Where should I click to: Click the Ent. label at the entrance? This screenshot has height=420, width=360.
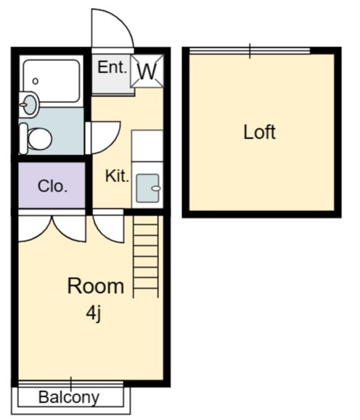click(x=112, y=67)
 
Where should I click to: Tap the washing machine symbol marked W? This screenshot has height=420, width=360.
click(x=147, y=71)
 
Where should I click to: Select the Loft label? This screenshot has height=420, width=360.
click(x=260, y=132)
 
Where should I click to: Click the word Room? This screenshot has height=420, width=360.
click(x=96, y=286)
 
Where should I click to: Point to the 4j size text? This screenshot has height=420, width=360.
click(x=94, y=313)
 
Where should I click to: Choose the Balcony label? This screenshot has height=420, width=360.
click(x=69, y=397)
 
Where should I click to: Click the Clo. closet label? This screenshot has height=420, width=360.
click(x=52, y=186)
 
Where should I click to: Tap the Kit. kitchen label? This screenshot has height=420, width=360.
click(x=117, y=176)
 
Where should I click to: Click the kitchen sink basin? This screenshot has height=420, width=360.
click(x=147, y=188)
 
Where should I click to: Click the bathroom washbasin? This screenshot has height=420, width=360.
click(x=29, y=104)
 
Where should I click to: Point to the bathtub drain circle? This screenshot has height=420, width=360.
click(x=36, y=81)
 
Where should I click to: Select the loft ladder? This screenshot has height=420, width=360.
click(x=146, y=256)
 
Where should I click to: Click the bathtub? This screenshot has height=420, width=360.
click(x=52, y=81)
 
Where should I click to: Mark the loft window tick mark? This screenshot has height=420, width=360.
click(x=250, y=51)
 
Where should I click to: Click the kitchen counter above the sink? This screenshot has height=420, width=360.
click(x=147, y=146)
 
